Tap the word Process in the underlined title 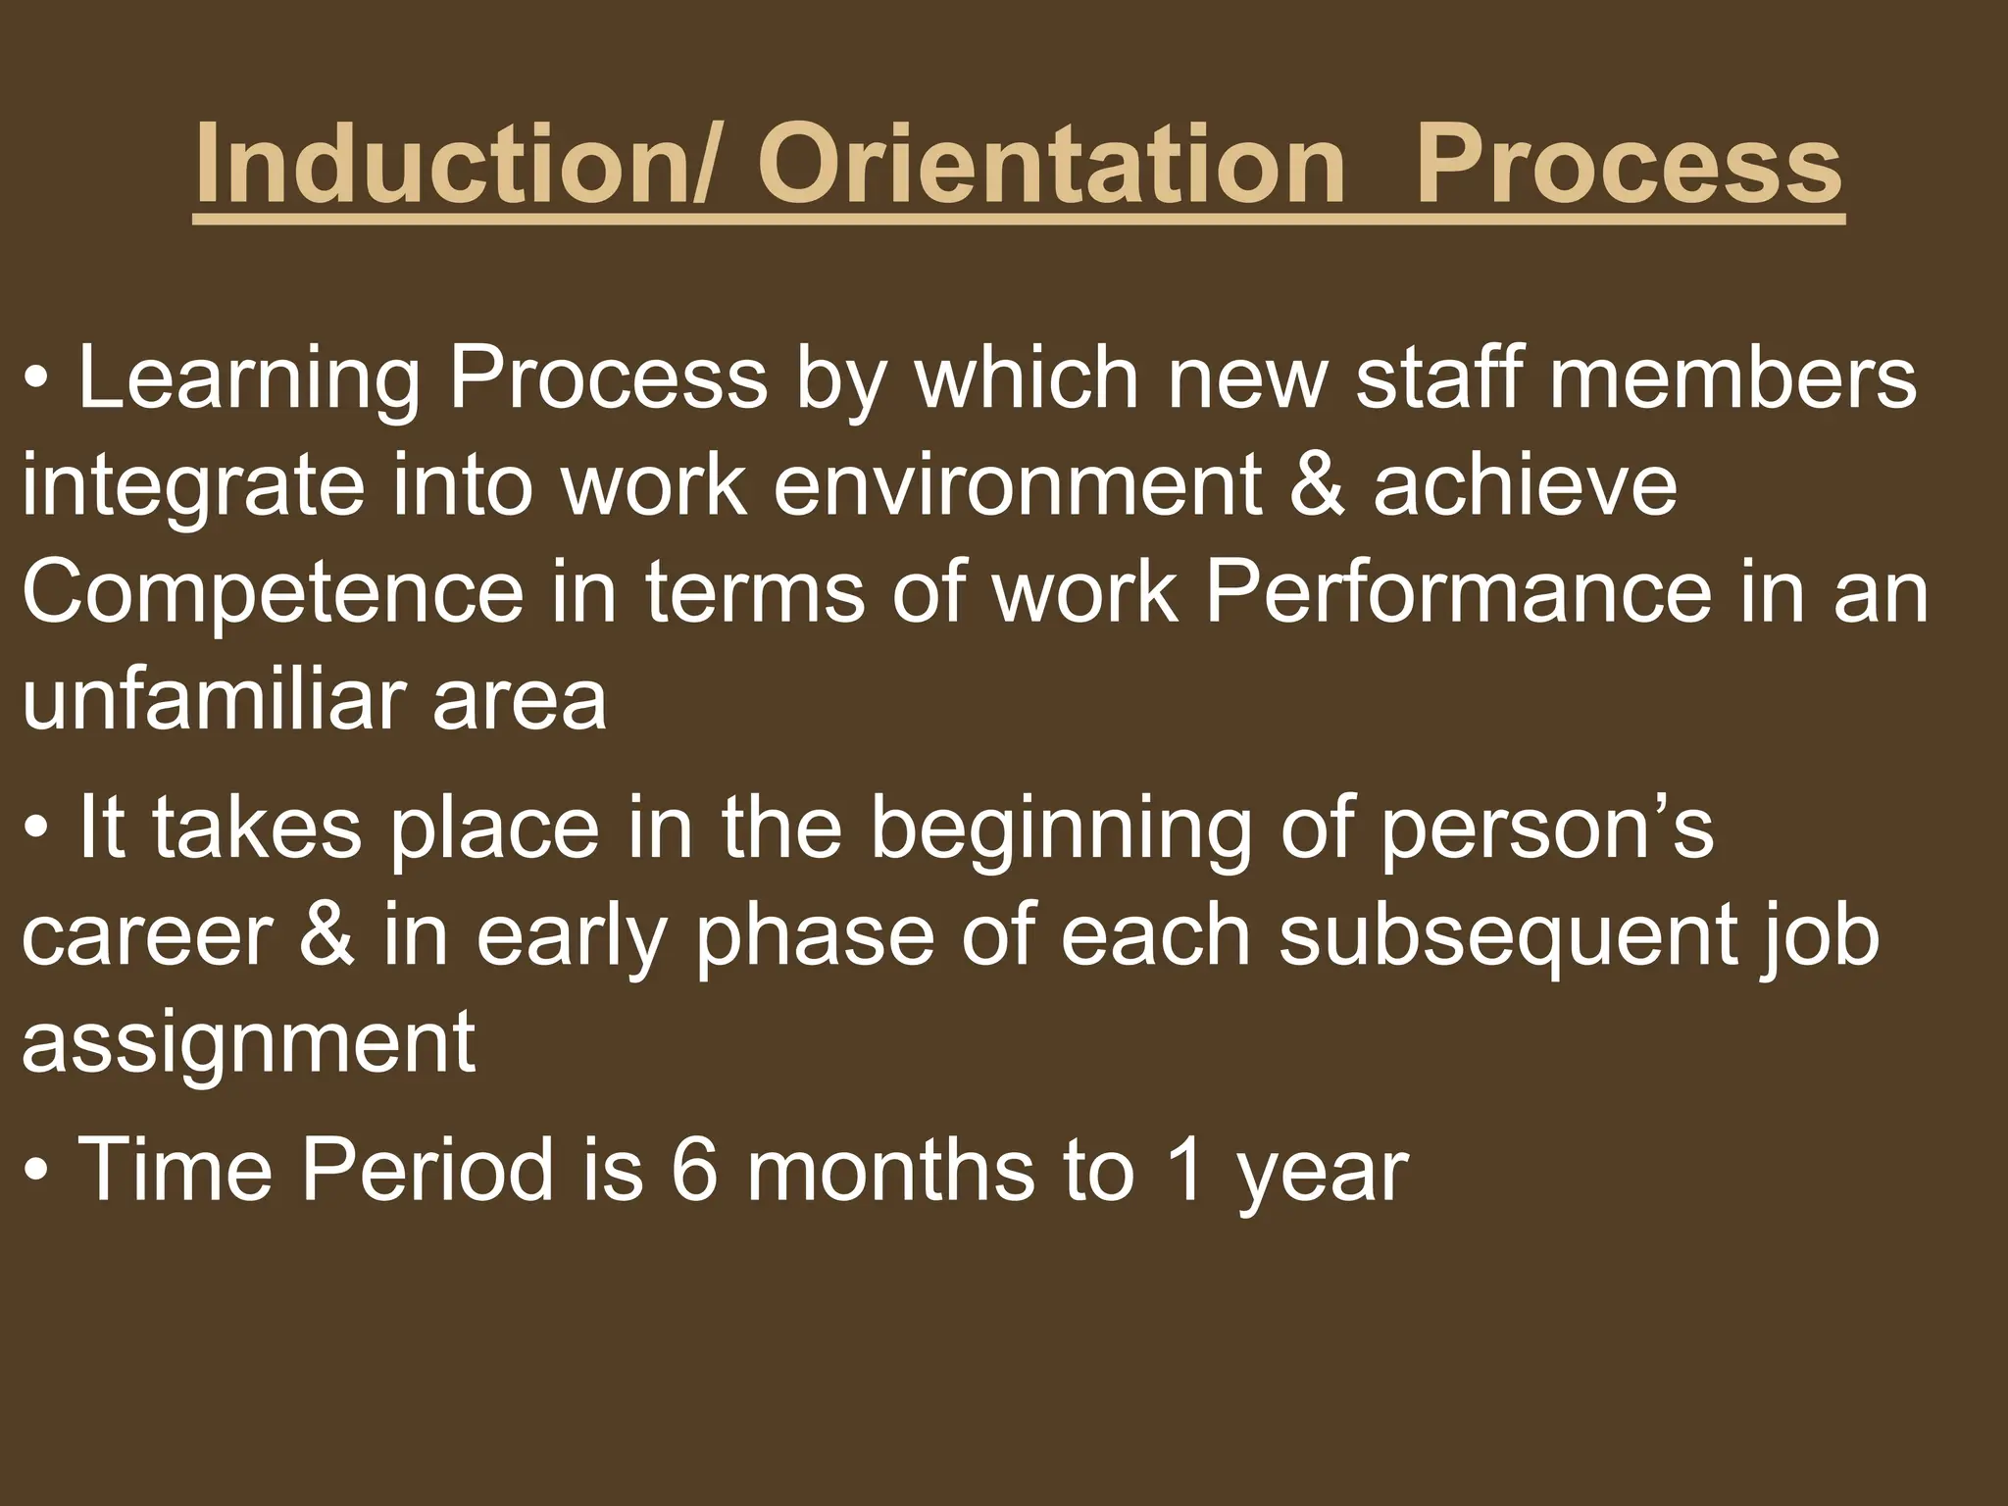click(x=1629, y=164)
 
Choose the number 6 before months click(x=695, y=1170)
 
